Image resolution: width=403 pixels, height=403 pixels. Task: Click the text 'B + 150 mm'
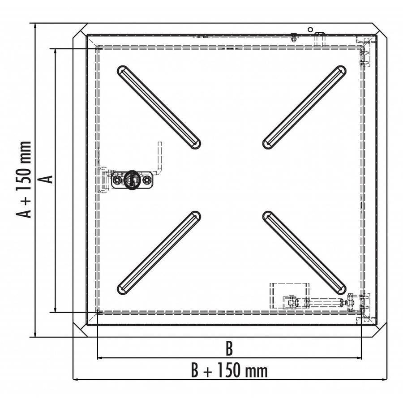point(229,370)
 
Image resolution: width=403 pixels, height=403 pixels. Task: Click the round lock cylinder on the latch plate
point(132,179)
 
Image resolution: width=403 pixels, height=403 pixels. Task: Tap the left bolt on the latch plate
point(117,180)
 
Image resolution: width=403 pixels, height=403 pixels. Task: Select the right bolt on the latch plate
point(146,180)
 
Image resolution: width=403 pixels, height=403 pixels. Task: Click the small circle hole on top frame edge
point(309,30)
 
